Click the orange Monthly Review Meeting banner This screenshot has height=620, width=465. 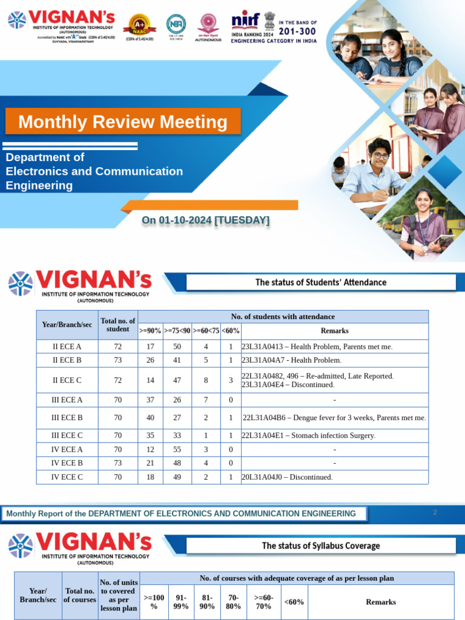tap(123, 122)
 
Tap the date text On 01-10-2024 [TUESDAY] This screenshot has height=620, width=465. tap(205, 220)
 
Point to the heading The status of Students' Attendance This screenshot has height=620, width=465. tap(320, 282)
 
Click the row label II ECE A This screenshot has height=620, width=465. tap(67, 347)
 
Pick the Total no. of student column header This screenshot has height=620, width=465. tap(117, 325)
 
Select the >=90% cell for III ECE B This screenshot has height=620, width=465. tap(150, 418)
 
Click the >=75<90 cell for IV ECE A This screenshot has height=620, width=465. tap(177, 450)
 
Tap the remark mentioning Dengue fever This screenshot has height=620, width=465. tap(334, 418)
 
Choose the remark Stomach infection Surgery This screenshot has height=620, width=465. tap(309, 436)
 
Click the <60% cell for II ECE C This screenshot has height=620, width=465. tap(231, 380)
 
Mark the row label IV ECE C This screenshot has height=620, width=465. tap(67, 477)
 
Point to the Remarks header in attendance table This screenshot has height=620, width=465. tap(334, 331)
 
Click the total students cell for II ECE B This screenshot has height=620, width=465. tap(117, 360)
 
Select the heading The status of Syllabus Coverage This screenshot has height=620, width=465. tap(320, 546)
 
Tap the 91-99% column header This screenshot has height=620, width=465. tap(180, 602)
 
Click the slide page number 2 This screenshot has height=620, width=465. tap(435, 513)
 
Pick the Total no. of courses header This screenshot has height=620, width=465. tap(80, 595)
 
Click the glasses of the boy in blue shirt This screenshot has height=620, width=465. tap(380, 156)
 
